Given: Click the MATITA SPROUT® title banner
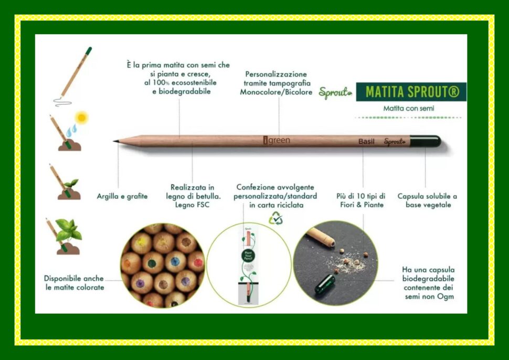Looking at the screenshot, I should [411, 92].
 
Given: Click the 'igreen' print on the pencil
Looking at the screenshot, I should [277, 140].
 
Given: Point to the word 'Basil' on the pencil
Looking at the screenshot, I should [366, 141].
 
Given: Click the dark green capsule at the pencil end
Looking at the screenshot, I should [425, 141].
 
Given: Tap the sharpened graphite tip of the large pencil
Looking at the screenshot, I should [116, 140].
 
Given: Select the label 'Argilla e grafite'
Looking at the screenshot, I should [122, 196].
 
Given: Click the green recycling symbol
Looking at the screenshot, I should [276, 218].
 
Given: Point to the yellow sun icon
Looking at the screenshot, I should [81, 117].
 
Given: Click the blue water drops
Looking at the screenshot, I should [71, 129].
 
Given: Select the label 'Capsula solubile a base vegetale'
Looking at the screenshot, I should [427, 200].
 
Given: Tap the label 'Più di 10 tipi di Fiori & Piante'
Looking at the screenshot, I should [360, 200].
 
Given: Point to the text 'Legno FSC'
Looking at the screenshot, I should [192, 205].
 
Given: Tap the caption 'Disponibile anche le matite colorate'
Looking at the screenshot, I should [74, 283].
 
